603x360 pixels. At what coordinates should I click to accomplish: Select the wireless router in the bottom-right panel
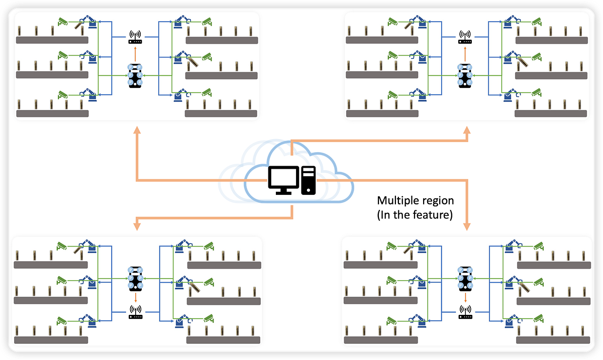click(x=465, y=313)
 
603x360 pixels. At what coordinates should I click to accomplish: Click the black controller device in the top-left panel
click(x=135, y=75)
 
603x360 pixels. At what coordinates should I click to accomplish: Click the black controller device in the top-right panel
click(x=465, y=75)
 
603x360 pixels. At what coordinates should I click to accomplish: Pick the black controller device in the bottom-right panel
click(x=465, y=278)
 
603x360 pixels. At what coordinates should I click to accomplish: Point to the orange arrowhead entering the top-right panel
click(x=467, y=131)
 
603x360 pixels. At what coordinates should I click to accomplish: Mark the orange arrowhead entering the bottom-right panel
click(x=467, y=227)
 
